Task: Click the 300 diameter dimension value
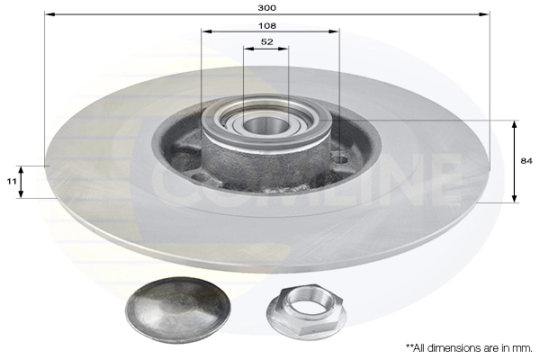pyautogui.click(x=266, y=6)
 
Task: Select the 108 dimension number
pyautogui.click(x=266, y=25)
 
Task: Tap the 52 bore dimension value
pyautogui.click(x=266, y=42)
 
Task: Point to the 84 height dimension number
pyautogui.click(x=526, y=161)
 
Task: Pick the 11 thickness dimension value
pyautogui.click(x=12, y=182)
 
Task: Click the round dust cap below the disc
pyautogui.click(x=176, y=309)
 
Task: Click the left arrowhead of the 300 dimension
pyautogui.click(x=48, y=14)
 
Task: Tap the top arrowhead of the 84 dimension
pyautogui.click(x=514, y=123)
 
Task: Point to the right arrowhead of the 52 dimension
pyautogui.click(x=285, y=49)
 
